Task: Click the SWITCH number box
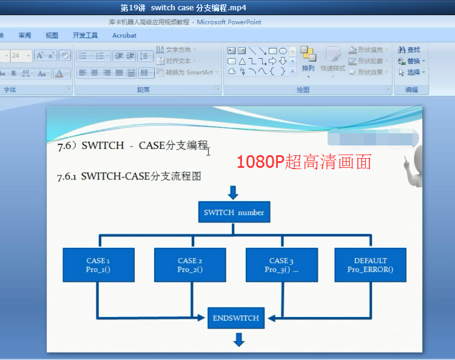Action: pyautogui.click(x=234, y=212)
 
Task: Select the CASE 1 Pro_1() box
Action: pyautogui.click(x=98, y=265)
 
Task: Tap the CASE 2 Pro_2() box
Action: pyautogui.click(x=190, y=265)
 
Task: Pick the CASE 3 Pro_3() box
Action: pyautogui.click(x=281, y=265)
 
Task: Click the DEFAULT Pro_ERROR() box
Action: pyautogui.click(x=370, y=265)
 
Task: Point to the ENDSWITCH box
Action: pyautogui.click(x=236, y=318)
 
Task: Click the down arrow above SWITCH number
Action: pyautogui.click(x=233, y=193)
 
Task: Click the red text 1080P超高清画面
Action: pyautogui.click(x=303, y=162)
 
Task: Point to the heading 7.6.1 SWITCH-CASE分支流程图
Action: pyautogui.click(x=129, y=176)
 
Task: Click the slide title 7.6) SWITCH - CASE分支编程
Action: pyautogui.click(x=132, y=145)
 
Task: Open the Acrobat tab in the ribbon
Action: pyautogui.click(x=124, y=36)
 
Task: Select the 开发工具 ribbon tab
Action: pyautogui.click(x=85, y=36)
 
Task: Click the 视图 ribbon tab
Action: pyautogui.click(x=52, y=36)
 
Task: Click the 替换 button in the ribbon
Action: pyautogui.click(x=410, y=61)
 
